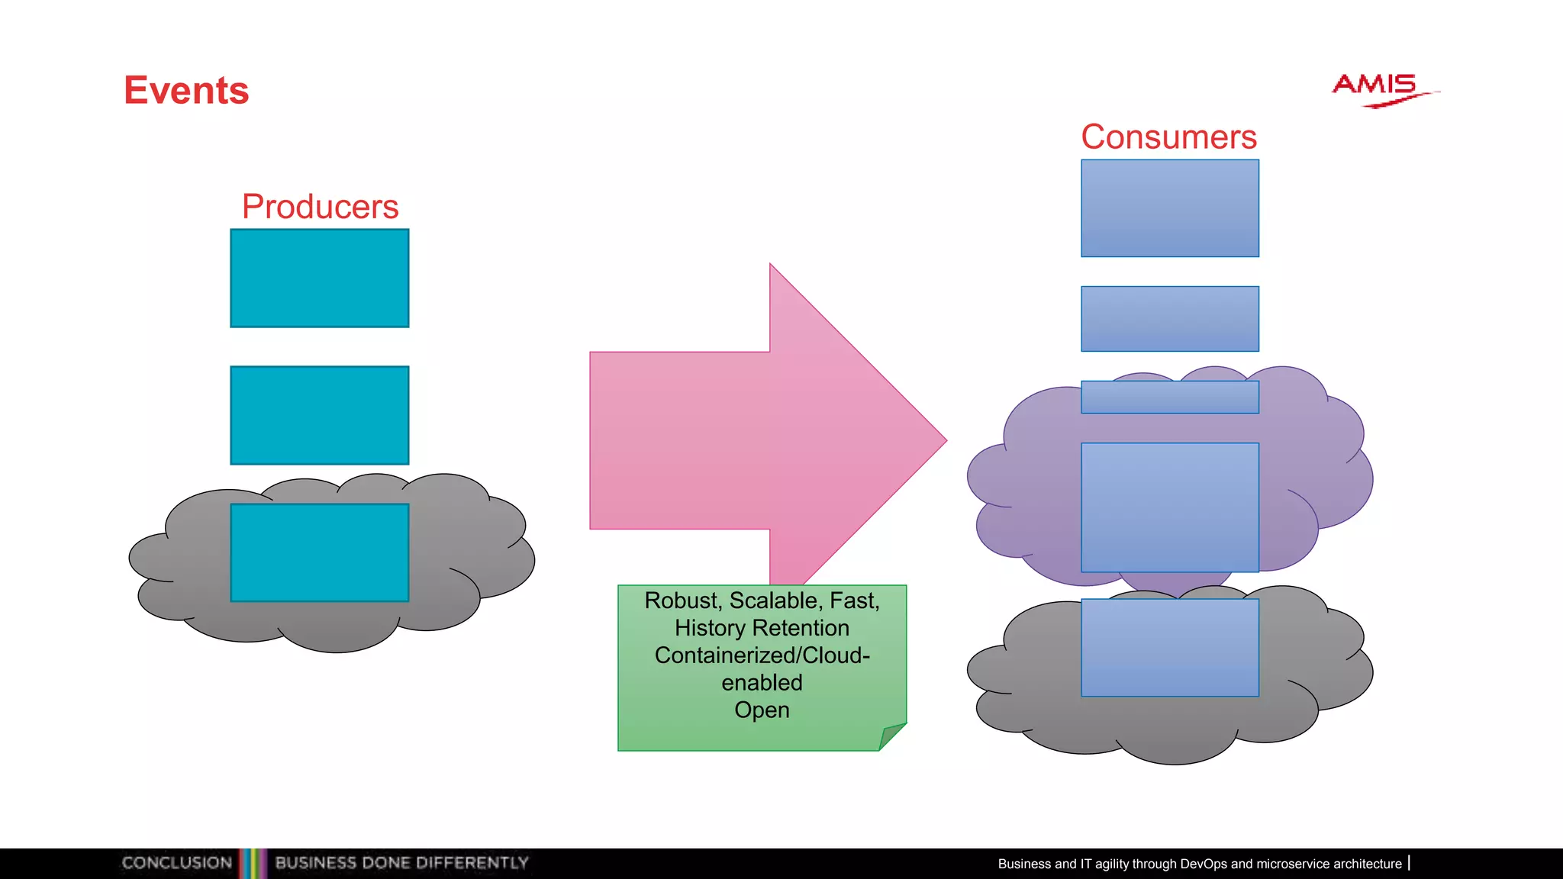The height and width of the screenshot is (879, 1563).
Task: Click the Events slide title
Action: tap(186, 91)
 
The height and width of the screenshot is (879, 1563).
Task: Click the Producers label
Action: tap(320, 207)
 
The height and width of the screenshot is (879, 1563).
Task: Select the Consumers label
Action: tap(1168, 137)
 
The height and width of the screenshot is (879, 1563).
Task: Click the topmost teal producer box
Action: tap(320, 279)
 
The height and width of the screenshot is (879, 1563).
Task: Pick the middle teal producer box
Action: tap(320, 415)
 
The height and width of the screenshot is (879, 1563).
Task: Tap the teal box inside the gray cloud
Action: tap(320, 552)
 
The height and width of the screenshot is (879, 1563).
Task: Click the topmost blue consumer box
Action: tap(1169, 208)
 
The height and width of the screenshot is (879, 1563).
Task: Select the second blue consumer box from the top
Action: tap(1169, 319)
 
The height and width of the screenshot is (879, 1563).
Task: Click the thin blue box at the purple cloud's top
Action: tap(1169, 398)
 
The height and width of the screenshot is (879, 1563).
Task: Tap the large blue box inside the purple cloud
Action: tap(1169, 507)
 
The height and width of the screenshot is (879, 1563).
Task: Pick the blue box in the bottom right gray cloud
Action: tap(1169, 648)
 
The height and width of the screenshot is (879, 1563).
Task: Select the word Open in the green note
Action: tap(762, 710)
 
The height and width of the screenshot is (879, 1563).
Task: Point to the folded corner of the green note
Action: tap(891, 736)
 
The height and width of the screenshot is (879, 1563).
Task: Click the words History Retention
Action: tap(762, 628)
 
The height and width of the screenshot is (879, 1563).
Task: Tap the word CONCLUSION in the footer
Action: tap(177, 863)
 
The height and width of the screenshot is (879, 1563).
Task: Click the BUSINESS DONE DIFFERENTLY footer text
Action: tap(401, 863)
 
